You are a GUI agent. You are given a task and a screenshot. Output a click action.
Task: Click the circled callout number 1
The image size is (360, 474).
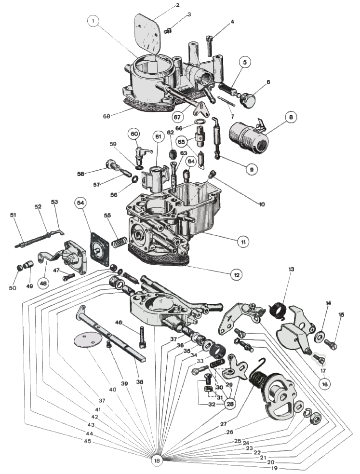coord(93,21)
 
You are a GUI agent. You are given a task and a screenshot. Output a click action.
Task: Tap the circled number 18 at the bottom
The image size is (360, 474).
coord(156,460)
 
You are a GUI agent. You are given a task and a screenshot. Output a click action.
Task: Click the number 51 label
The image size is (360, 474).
coord(13,215)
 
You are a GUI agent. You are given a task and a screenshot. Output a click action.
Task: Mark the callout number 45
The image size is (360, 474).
coord(87,441)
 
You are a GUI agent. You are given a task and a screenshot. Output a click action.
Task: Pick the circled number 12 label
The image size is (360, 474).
coord(236,275)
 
